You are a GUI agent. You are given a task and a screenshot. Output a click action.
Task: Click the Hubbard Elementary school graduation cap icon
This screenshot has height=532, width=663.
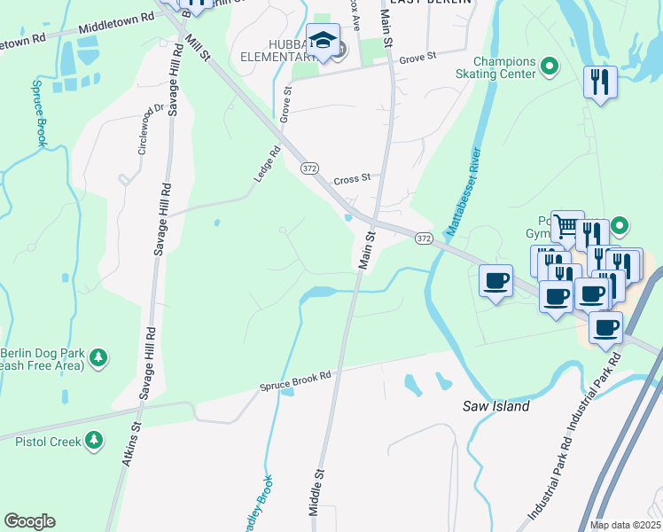point(322,41)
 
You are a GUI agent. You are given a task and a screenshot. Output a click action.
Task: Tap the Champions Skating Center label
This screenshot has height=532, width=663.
point(504,67)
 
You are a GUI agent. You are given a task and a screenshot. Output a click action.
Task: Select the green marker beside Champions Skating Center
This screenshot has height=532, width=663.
point(549,65)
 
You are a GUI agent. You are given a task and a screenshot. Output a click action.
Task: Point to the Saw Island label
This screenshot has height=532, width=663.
point(496,406)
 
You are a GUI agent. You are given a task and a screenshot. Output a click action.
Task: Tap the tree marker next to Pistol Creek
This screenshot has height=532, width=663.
point(93,440)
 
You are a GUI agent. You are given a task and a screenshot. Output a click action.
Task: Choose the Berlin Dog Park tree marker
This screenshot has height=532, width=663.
point(100,357)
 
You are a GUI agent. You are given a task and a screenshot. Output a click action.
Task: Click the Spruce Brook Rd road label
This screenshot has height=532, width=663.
point(295,381)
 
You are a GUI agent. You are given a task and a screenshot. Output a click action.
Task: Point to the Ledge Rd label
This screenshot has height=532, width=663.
point(267,164)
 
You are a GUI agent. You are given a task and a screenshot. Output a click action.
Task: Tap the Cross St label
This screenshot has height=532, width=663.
point(352,179)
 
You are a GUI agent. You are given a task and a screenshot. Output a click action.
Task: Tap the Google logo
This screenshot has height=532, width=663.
point(29,521)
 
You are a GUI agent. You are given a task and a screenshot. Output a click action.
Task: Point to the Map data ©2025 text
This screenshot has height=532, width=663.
point(625,525)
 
